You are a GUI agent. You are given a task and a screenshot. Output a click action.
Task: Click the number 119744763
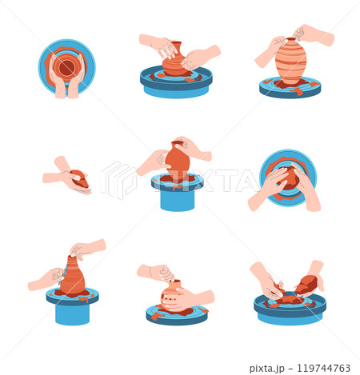[x=323, y=368]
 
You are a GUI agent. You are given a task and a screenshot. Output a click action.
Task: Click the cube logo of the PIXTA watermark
[x=119, y=180]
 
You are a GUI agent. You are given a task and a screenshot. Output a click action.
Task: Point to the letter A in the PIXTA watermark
[x=246, y=181]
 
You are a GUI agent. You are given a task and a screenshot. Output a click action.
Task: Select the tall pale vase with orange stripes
[x=290, y=62]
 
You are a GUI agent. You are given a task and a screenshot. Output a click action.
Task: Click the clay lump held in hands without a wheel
[x=80, y=179]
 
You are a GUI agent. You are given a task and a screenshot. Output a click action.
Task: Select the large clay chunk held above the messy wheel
[x=306, y=285]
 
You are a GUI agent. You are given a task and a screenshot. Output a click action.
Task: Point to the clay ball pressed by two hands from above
[x=288, y=178]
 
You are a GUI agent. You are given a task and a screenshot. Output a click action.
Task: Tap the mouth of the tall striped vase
[x=291, y=39]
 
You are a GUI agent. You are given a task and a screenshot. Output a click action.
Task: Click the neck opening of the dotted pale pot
[x=176, y=281]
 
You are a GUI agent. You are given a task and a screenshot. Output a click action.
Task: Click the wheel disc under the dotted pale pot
[x=177, y=315]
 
